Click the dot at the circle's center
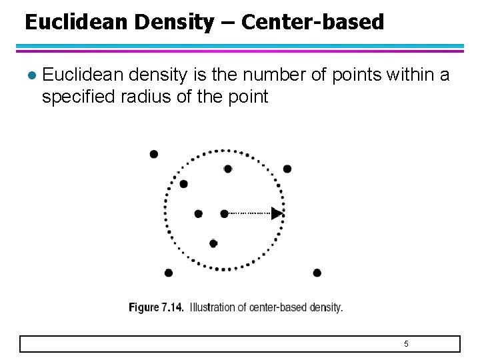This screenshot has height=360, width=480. click(x=224, y=213)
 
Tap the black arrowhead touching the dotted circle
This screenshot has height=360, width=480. click(x=277, y=213)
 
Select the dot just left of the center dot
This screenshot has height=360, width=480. click(x=198, y=213)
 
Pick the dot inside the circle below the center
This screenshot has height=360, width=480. click(x=213, y=243)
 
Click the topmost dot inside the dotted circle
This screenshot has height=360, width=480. click(x=228, y=169)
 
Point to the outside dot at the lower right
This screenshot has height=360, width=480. click(x=317, y=273)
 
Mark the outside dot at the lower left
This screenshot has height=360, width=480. click(x=169, y=273)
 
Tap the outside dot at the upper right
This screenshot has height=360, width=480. click(x=287, y=169)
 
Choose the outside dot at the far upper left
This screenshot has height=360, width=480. click(x=154, y=154)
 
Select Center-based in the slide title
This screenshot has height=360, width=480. click(x=313, y=23)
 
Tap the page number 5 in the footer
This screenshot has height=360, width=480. click(x=406, y=344)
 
